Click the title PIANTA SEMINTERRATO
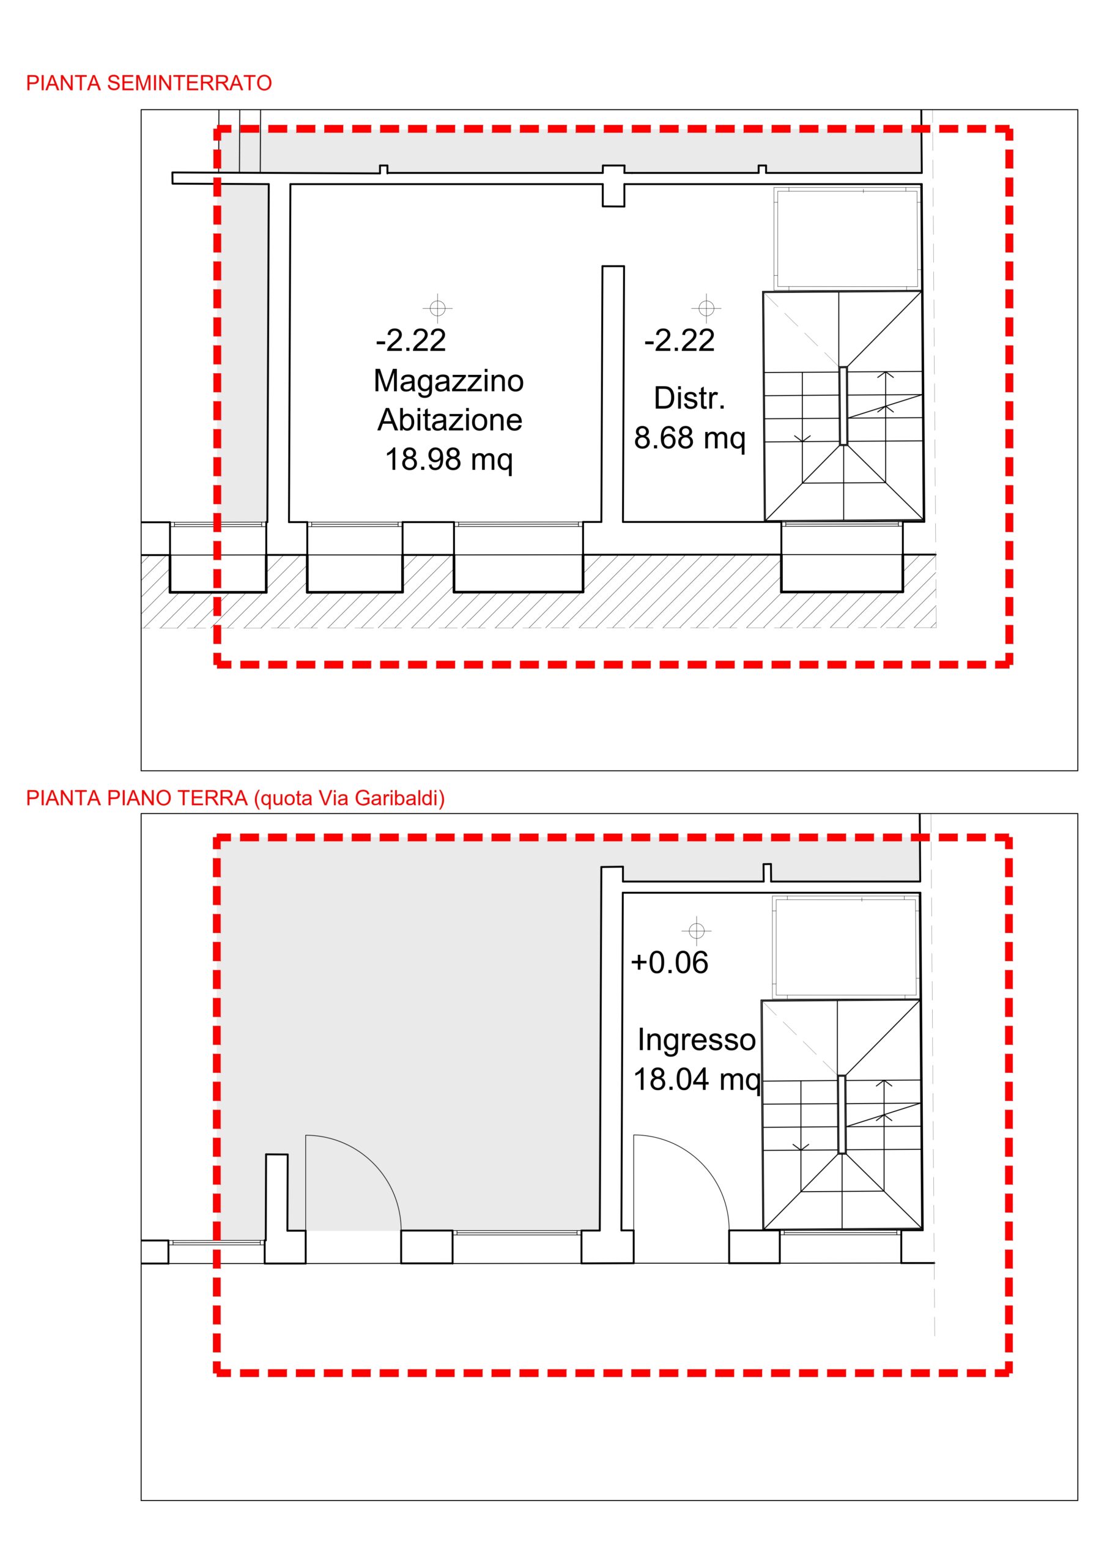tap(149, 83)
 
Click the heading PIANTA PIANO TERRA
tap(136, 798)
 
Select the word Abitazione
tap(450, 420)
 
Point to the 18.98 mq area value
tap(449, 459)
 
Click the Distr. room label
tap(689, 398)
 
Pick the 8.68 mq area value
tap(689, 439)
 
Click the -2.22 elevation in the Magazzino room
tap(410, 340)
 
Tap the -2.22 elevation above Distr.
tap(679, 340)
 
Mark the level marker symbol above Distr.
tap(706, 308)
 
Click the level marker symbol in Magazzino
tap(438, 308)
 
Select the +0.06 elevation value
tap(670, 962)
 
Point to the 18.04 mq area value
tap(697, 1080)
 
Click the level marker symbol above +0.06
tap(697, 930)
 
